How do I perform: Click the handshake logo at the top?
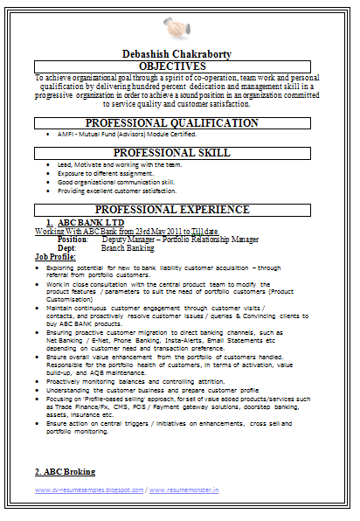point(179,25)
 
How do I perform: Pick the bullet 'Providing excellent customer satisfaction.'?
point(117,191)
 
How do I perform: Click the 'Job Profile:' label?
point(54,256)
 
